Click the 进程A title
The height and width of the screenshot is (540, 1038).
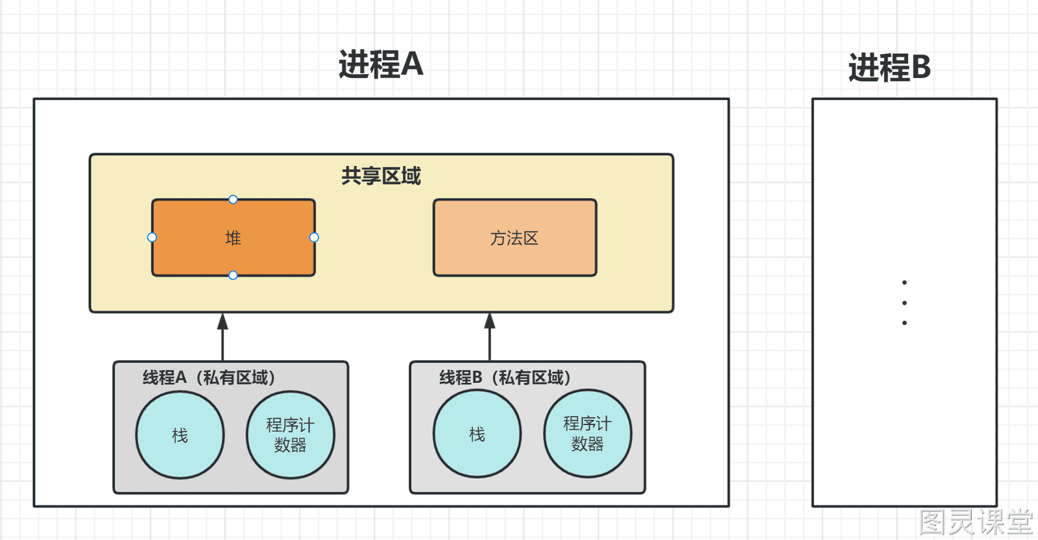tap(381, 64)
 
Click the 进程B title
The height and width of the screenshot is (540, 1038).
tap(889, 67)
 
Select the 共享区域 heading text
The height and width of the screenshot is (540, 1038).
tap(381, 176)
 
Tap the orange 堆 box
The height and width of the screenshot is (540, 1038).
tap(234, 238)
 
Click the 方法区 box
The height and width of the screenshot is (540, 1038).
tap(515, 238)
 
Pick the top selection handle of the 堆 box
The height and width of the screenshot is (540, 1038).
tap(233, 199)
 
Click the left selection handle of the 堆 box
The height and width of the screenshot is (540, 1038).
tap(152, 238)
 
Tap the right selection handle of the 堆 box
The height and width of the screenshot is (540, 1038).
tap(314, 238)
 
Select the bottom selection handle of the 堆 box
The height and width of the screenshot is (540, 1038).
tap(233, 275)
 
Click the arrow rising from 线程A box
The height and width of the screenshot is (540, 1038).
tap(223, 337)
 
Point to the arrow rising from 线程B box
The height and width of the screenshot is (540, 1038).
tap(490, 337)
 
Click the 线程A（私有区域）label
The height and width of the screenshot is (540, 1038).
tap(209, 378)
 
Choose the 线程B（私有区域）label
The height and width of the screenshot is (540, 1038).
tap(505, 378)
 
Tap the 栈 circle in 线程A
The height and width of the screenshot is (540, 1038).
tap(180, 436)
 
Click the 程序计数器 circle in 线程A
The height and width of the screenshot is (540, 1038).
tap(291, 436)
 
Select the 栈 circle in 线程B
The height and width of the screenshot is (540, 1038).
tap(477, 434)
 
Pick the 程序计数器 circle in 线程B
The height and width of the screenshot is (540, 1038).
tap(588, 434)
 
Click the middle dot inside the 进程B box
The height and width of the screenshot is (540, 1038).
tap(904, 302)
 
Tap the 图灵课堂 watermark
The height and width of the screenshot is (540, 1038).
tap(976, 522)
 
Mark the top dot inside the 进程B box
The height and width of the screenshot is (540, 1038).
tap(904, 282)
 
